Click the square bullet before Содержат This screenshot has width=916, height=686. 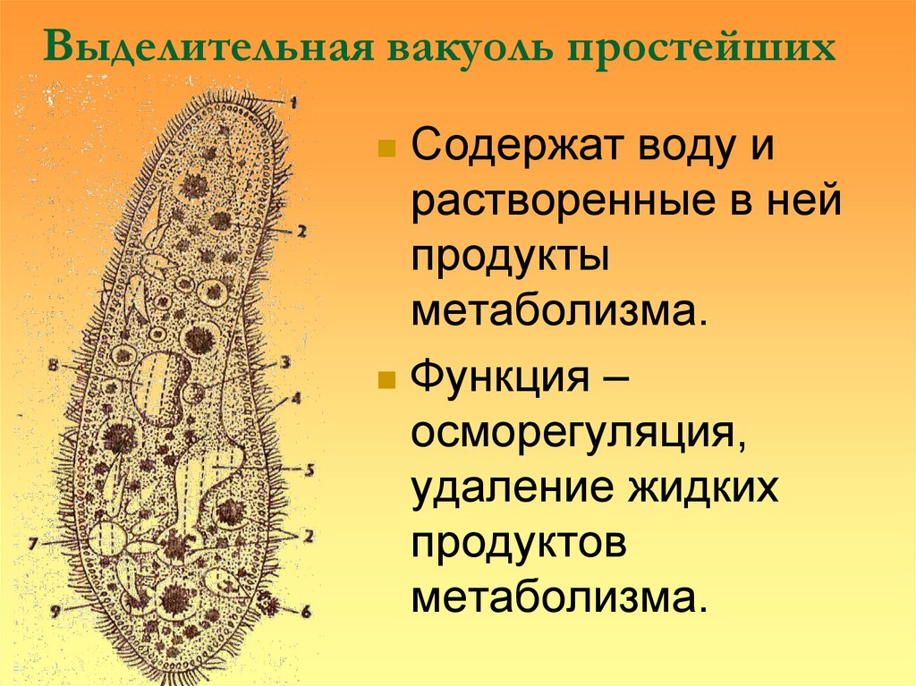click(x=387, y=148)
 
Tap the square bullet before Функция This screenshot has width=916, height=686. click(x=387, y=381)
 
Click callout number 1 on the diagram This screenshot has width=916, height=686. click(x=292, y=102)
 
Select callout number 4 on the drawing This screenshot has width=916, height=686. click(x=295, y=397)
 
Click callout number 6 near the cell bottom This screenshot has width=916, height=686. click(x=304, y=613)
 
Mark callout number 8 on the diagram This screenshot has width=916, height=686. click(x=53, y=365)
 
